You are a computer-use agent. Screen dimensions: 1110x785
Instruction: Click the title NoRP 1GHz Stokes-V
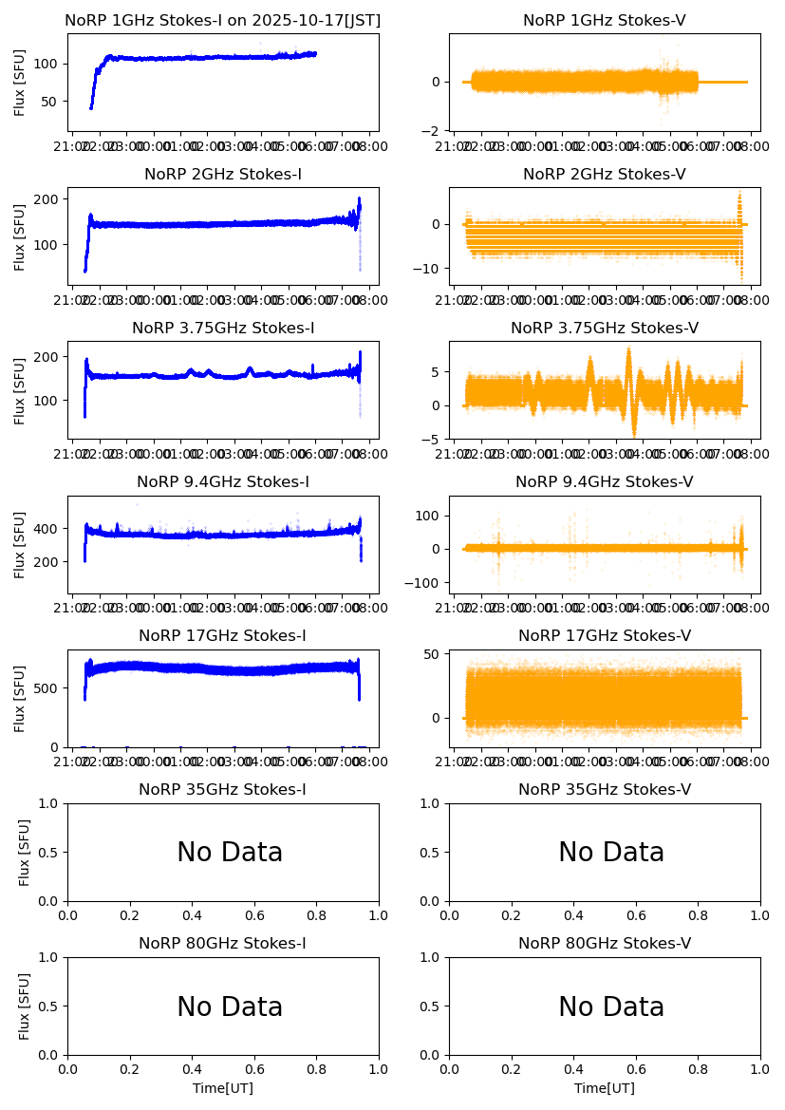point(605,21)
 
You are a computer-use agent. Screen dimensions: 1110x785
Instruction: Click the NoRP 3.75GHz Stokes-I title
point(223,329)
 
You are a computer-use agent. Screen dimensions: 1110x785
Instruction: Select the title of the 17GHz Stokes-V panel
point(605,636)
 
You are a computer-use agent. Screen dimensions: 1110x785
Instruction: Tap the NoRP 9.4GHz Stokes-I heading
point(223,482)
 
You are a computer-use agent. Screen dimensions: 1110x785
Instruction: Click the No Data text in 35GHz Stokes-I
point(230,853)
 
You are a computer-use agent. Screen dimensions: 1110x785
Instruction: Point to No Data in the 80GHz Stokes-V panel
point(611,1007)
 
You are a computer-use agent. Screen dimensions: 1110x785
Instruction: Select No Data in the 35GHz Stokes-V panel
point(611,853)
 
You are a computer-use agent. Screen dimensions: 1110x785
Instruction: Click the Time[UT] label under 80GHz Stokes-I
point(223,1088)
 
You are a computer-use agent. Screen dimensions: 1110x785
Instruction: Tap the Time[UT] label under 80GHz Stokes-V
point(605,1088)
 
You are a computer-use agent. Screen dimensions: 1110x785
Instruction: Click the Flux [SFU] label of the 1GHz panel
point(20,82)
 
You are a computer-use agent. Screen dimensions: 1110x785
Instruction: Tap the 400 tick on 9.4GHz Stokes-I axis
point(49,529)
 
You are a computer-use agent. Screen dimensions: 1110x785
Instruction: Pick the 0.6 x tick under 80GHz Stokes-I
point(254,1069)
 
